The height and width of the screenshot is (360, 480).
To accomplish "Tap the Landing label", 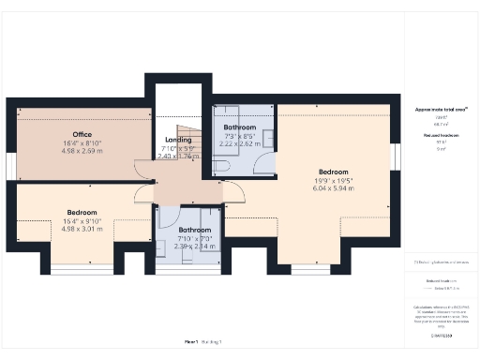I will [x=178, y=141].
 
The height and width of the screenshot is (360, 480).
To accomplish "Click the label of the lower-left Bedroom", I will [x=81, y=213].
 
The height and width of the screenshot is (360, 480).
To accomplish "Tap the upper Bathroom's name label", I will [x=239, y=127].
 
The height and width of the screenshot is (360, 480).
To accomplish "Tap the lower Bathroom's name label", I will [x=195, y=230].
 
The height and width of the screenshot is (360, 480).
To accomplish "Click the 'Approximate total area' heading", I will [x=440, y=110].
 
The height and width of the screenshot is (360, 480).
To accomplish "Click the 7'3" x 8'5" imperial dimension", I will [x=239, y=137].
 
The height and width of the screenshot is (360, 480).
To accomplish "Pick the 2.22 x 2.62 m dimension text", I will [x=239, y=145].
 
